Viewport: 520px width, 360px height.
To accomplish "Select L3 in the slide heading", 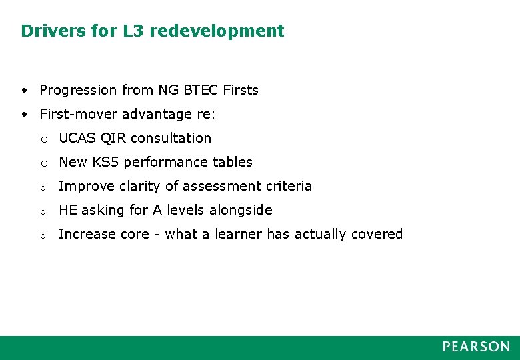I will [x=129, y=31].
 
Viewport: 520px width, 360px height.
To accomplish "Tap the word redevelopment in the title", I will [x=217, y=31].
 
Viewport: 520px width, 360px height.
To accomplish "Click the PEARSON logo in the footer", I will [x=476, y=347].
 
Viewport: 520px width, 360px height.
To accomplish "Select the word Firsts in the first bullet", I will [x=241, y=90].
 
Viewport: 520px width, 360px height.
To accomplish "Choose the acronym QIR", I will [x=113, y=138].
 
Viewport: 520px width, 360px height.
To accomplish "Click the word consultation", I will [x=171, y=138].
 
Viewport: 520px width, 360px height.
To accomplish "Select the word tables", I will [x=233, y=162].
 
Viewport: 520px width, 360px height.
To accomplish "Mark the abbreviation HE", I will [x=67, y=210].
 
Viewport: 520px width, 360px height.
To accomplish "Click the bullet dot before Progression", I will [x=24, y=90].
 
